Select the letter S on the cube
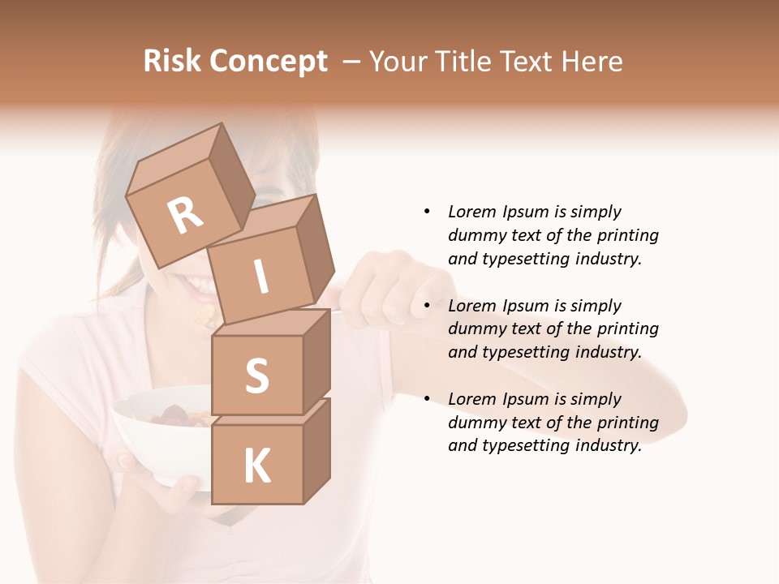[x=256, y=376]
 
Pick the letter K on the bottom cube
[x=256, y=466]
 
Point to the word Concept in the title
[x=267, y=62]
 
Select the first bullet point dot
[x=427, y=212]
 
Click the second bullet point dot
[x=427, y=306]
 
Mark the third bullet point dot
[x=427, y=399]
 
